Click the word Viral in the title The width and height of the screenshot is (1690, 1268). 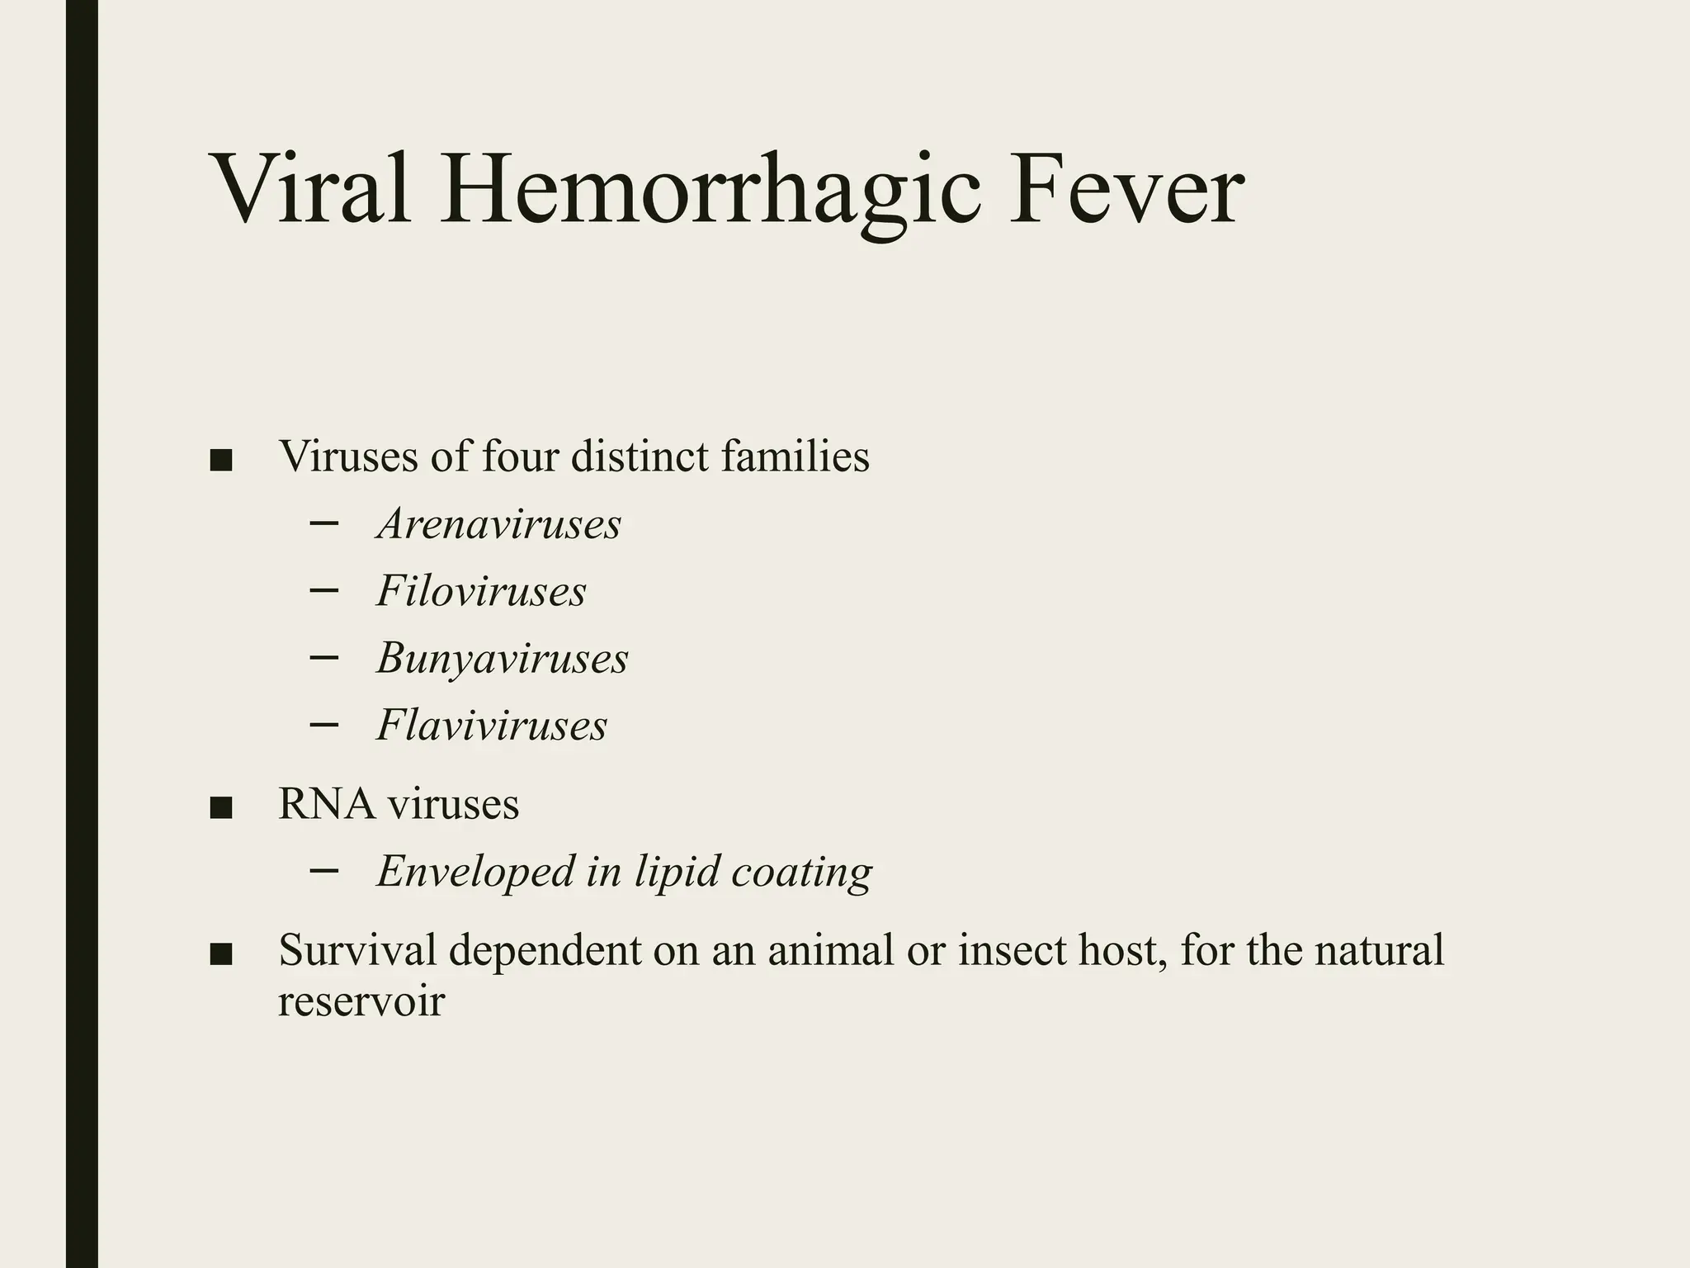(312, 190)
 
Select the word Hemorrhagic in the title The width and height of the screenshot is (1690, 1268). (710, 190)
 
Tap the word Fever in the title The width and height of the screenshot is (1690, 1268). (1126, 190)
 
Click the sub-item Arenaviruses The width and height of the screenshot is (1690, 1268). (498, 524)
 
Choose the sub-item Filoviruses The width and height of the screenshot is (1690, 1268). (481, 591)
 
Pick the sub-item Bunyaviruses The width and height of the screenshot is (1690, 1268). (502, 659)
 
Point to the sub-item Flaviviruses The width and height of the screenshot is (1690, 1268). (492, 726)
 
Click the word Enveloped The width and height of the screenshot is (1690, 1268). (475, 872)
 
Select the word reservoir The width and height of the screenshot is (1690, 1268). (361, 1001)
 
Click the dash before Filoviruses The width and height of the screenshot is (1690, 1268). (324, 589)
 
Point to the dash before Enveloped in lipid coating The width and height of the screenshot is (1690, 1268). (324, 870)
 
